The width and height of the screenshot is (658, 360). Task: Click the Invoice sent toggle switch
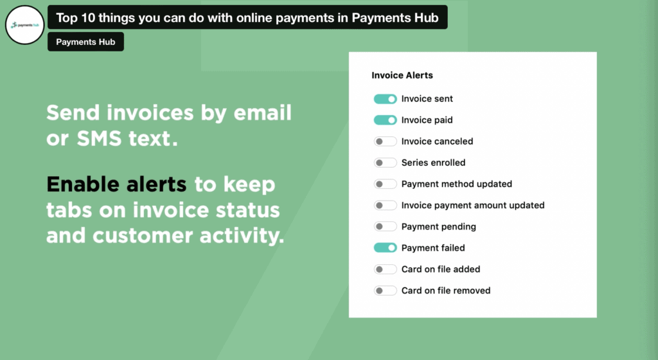coord(386,99)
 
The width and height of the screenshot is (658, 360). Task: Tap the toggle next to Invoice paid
coord(386,120)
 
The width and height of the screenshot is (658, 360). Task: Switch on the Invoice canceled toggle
coord(386,141)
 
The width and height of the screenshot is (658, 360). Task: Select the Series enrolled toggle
coord(386,163)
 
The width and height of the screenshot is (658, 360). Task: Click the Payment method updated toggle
coord(386,184)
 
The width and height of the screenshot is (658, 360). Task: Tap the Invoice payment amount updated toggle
coord(386,205)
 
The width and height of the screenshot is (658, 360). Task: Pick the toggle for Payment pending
coord(386,226)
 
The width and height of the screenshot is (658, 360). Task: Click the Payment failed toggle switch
coord(386,248)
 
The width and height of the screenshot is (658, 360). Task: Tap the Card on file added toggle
coord(386,269)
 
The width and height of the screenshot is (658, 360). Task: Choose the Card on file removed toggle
coord(386,291)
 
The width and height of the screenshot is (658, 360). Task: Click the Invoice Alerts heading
coord(402,75)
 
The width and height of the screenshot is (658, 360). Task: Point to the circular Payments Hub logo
coord(25,25)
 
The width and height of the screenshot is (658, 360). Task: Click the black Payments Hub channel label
coord(85,42)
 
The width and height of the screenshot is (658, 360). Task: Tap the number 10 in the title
coord(88,17)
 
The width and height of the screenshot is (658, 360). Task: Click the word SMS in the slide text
coord(99,138)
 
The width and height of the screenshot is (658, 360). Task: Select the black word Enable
coord(83,184)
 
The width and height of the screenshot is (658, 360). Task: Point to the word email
coord(262,113)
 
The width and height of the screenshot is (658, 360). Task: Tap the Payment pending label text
coord(438,227)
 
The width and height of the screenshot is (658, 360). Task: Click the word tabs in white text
coord(69,210)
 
